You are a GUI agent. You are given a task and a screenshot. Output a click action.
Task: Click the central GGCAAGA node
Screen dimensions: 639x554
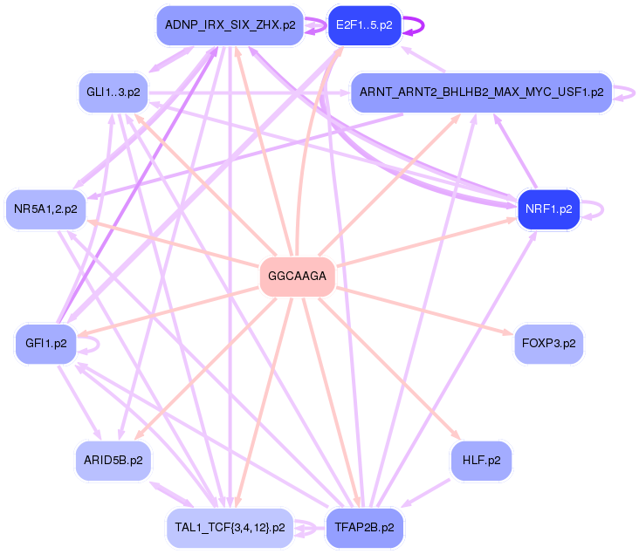[x=297, y=277]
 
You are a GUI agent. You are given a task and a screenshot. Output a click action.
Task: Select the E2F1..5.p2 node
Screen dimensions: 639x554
[x=364, y=25]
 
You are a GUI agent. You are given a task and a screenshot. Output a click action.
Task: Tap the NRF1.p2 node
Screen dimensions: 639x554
[x=548, y=209]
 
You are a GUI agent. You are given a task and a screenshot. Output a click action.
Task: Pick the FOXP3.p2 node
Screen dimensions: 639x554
[x=548, y=344]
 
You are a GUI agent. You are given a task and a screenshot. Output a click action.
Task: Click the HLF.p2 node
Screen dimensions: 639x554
[x=481, y=461]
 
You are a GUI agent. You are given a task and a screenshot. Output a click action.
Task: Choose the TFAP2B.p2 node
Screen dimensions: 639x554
[x=364, y=528]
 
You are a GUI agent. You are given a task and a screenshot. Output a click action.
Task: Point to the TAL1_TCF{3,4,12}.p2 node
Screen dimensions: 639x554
[x=230, y=528]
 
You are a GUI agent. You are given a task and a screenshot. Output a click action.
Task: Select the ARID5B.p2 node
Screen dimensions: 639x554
[x=113, y=461]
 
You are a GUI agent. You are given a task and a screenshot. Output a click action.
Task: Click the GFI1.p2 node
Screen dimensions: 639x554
[x=46, y=344]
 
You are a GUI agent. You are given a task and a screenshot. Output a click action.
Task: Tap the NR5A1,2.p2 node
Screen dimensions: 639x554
[x=45, y=209]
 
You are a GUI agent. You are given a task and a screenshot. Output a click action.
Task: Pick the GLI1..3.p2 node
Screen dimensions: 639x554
[x=113, y=92]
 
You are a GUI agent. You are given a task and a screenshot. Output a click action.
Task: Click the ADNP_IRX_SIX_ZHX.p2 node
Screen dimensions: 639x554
[x=230, y=25]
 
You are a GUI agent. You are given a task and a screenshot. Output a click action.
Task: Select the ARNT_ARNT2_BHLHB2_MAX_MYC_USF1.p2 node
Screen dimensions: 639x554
[x=481, y=92]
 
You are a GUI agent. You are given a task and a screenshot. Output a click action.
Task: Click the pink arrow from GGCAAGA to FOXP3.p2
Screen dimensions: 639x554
[x=424, y=311]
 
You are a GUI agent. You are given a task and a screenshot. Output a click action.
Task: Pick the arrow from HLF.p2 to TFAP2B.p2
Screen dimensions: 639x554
[x=425, y=493]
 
